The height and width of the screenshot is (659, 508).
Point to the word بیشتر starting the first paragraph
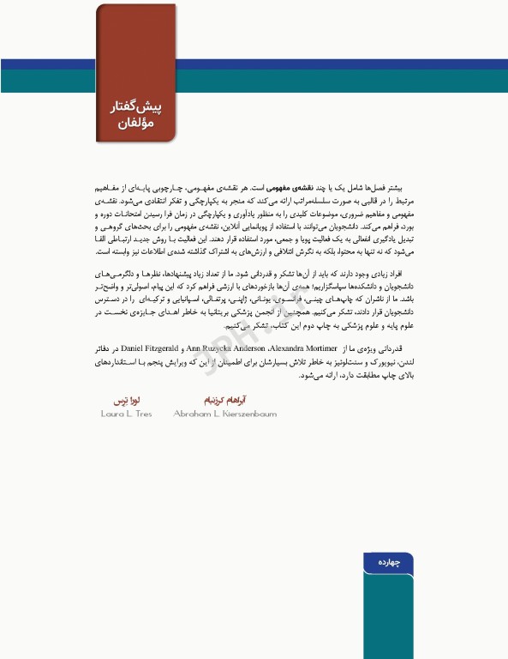click(x=391, y=186)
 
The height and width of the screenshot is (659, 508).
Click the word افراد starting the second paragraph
click(x=391, y=272)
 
